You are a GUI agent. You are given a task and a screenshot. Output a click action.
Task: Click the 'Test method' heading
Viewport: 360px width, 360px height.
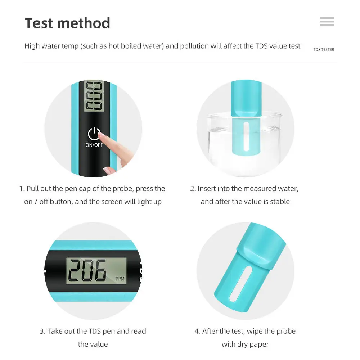[67, 23]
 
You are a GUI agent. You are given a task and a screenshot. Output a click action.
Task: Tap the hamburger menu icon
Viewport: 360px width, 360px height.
[327, 22]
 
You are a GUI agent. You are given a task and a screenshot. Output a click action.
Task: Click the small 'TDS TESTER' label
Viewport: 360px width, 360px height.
[324, 49]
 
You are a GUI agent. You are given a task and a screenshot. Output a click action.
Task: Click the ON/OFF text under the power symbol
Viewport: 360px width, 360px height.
[94, 145]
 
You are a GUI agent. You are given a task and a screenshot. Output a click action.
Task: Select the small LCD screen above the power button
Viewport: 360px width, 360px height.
[94, 96]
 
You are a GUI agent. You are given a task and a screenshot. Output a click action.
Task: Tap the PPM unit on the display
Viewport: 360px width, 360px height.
[120, 279]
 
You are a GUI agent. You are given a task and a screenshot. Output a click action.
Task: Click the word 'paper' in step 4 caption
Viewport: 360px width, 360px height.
[258, 344]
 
